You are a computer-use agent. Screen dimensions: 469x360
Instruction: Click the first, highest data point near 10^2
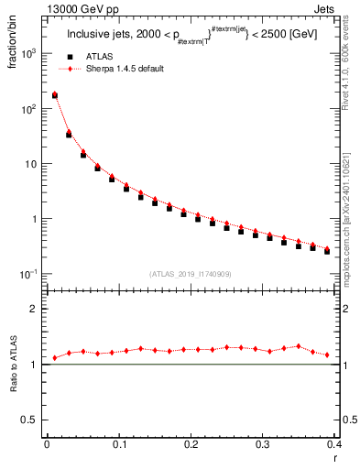click(x=54, y=94)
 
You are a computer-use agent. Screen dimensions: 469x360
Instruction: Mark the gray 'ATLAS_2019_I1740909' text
click(x=190, y=273)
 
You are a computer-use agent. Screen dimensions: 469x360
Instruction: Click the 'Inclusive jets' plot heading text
click(x=102, y=36)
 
